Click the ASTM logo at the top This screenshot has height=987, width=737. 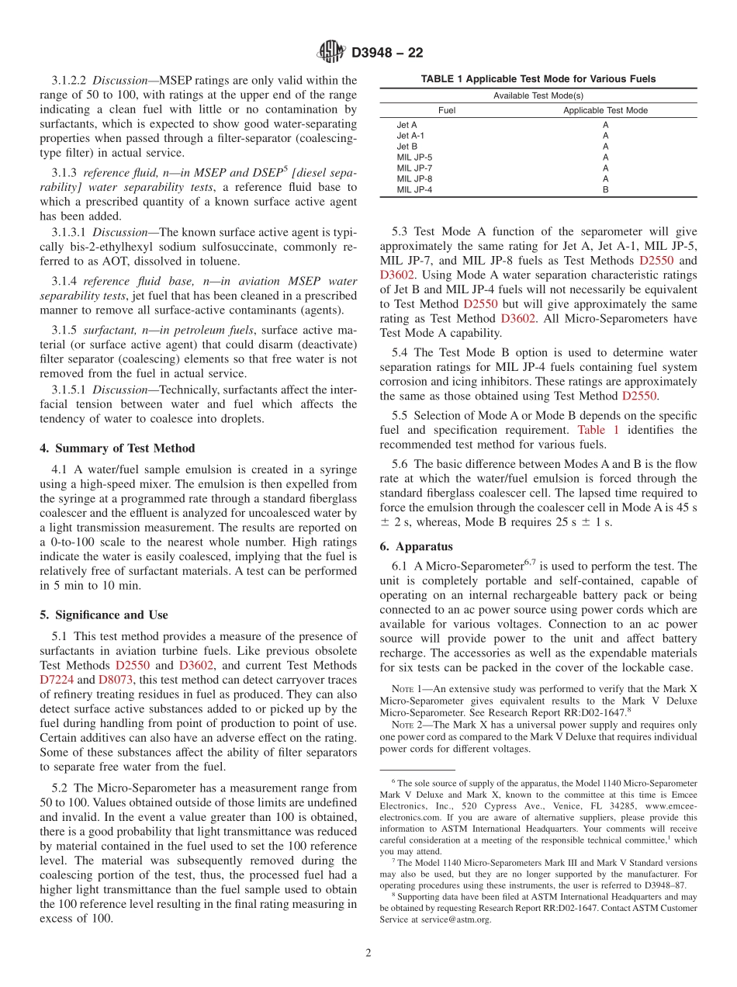[331, 52]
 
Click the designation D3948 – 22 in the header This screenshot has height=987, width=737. [387, 53]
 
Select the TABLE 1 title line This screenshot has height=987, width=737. [538, 79]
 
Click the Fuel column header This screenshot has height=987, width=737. [447, 111]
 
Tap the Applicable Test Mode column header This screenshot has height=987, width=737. [605, 111]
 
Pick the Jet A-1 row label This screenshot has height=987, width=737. [410, 135]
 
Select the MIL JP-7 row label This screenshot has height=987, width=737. [414, 168]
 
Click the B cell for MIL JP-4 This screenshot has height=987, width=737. [605, 189]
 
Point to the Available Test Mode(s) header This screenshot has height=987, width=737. [538, 95]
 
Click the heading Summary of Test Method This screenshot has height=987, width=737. [117, 448]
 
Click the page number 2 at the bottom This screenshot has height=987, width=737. [368, 953]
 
